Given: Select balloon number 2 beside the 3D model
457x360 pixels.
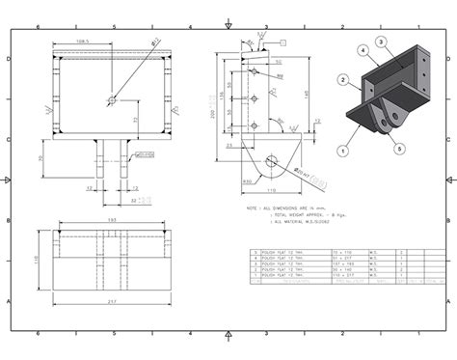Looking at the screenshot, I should pyautogui.click(x=342, y=78).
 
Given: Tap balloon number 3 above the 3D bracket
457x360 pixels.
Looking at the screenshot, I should pyautogui.click(x=380, y=41).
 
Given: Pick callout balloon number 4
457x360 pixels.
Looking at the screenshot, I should pyautogui.click(x=363, y=49).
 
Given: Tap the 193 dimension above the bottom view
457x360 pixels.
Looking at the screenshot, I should pyautogui.click(x=112, y=221).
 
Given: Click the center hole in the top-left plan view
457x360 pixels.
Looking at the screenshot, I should pyautogui.click(x=112, y=98).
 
